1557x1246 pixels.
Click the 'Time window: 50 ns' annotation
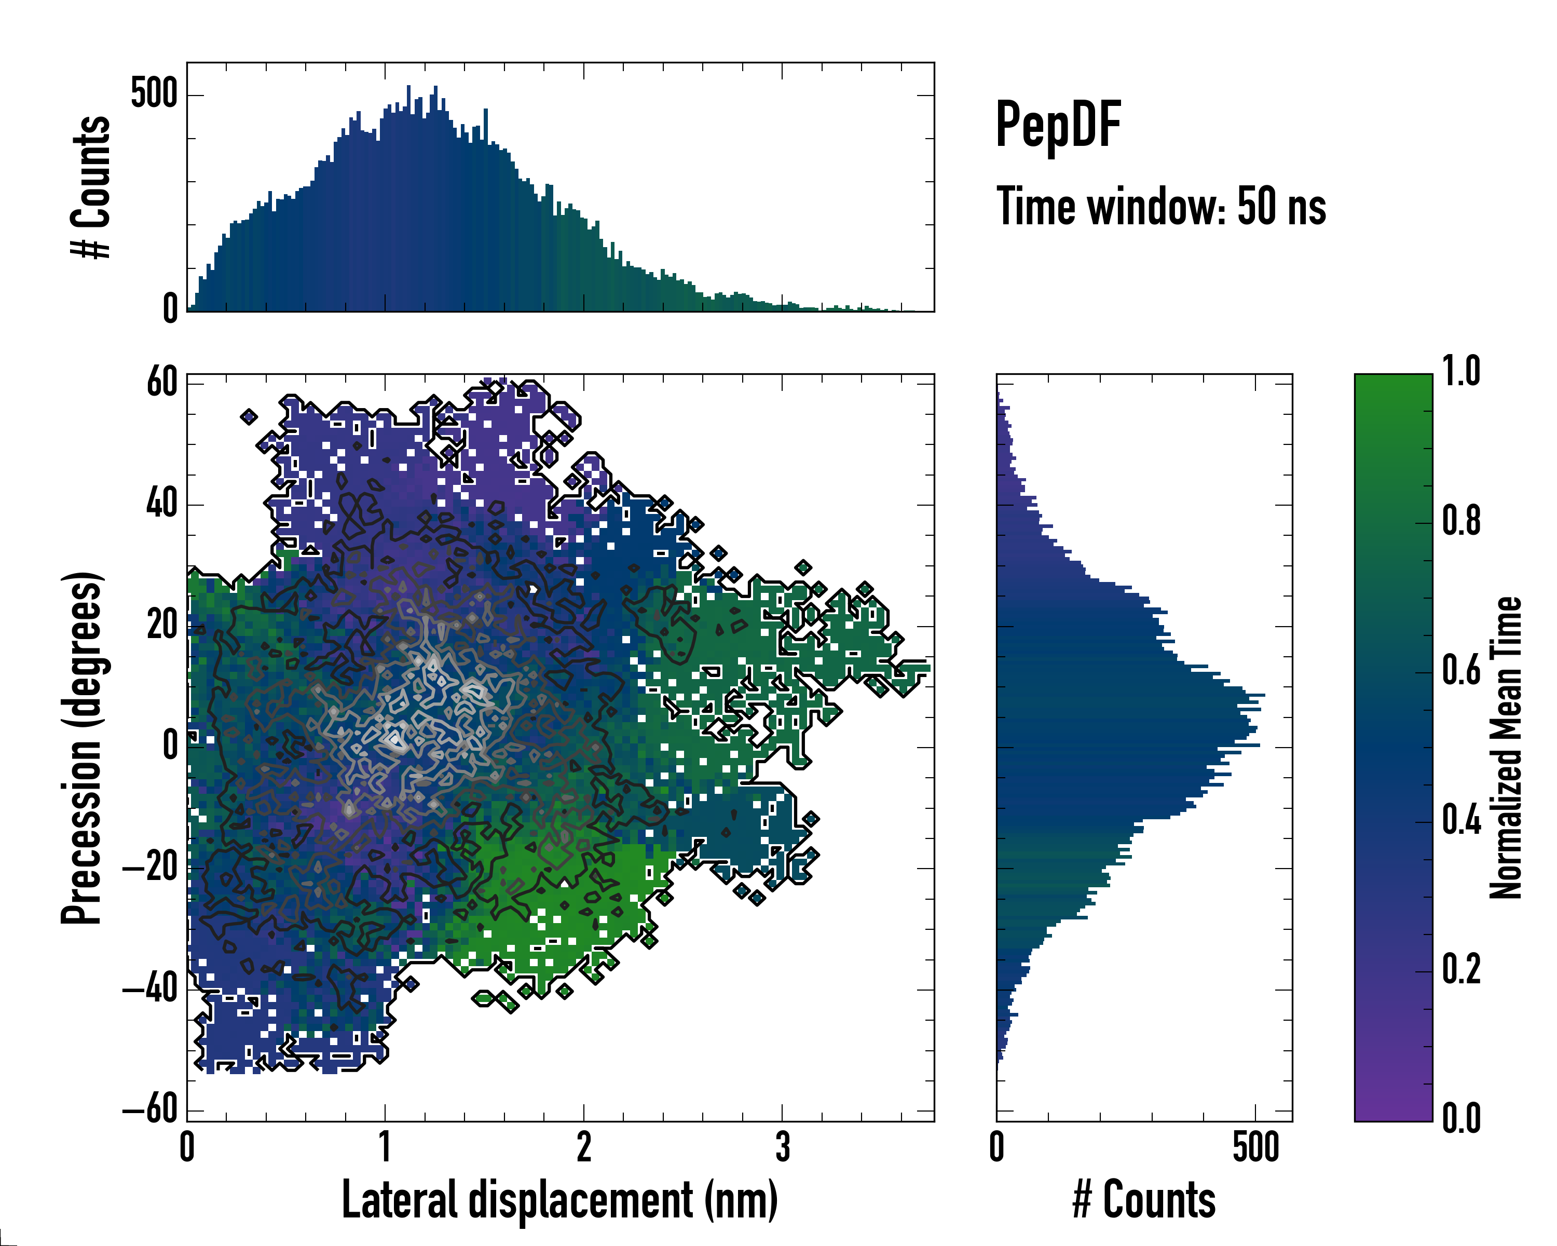1160,207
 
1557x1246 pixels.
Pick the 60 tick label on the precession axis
162,382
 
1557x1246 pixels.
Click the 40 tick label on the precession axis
162,504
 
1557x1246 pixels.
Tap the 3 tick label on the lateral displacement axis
782,1147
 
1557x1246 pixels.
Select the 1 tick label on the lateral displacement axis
385,1147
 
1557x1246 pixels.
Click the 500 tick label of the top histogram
154,94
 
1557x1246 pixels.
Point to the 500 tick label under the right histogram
1255,1147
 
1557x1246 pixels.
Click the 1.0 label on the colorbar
1461,372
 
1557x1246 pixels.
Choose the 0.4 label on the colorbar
1461,821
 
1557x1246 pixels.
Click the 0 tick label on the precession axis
170,746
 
